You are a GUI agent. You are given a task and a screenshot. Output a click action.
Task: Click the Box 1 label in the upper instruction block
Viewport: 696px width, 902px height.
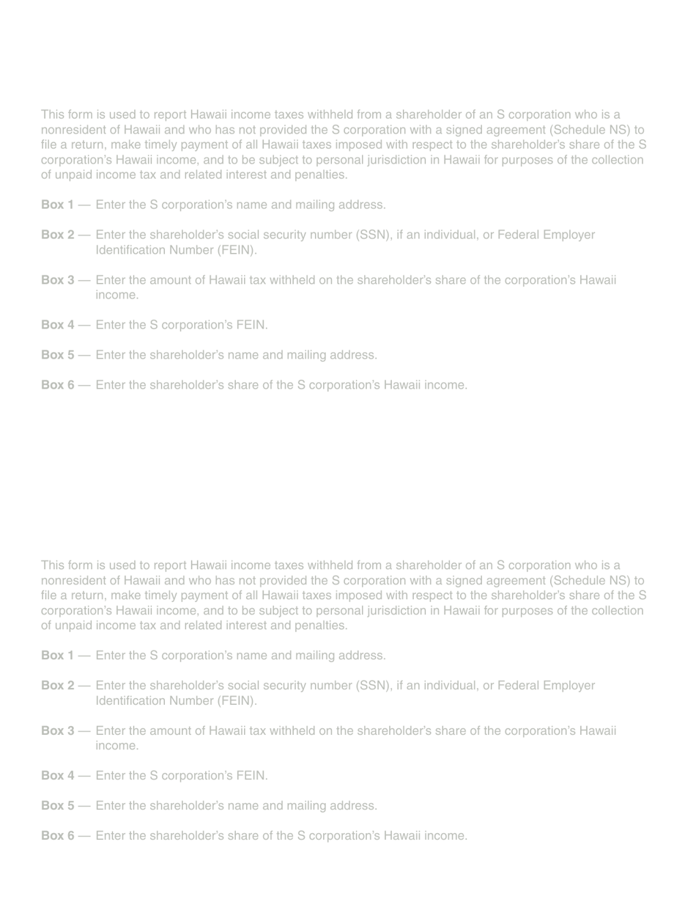point(57,205)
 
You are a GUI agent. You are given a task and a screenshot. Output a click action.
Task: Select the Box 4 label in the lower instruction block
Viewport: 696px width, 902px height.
point(57,775)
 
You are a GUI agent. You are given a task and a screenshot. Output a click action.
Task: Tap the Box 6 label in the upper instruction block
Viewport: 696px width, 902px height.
point(57,385)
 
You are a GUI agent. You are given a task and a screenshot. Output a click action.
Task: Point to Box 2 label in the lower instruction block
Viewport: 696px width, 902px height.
point(57,686)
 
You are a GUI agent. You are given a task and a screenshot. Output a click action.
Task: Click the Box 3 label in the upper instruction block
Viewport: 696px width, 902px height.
point(57,280)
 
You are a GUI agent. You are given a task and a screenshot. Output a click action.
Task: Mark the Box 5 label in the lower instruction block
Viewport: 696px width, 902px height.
point(57,805)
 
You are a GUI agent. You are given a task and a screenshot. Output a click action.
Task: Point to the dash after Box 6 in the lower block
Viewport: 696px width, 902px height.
point(84,835)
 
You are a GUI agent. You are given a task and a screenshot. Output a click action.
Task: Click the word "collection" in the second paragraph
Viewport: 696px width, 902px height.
point(615,610)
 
